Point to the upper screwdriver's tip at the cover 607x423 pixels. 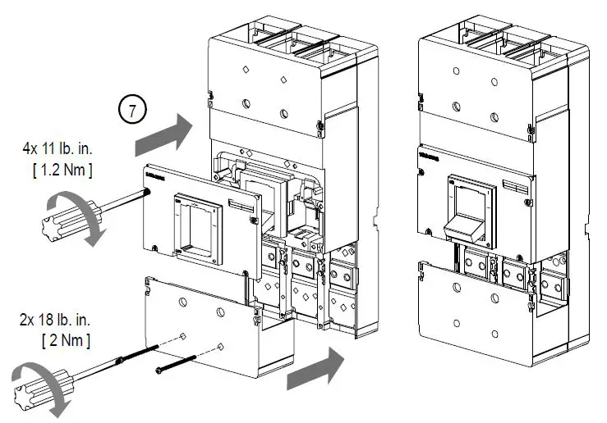coord(146,192)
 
